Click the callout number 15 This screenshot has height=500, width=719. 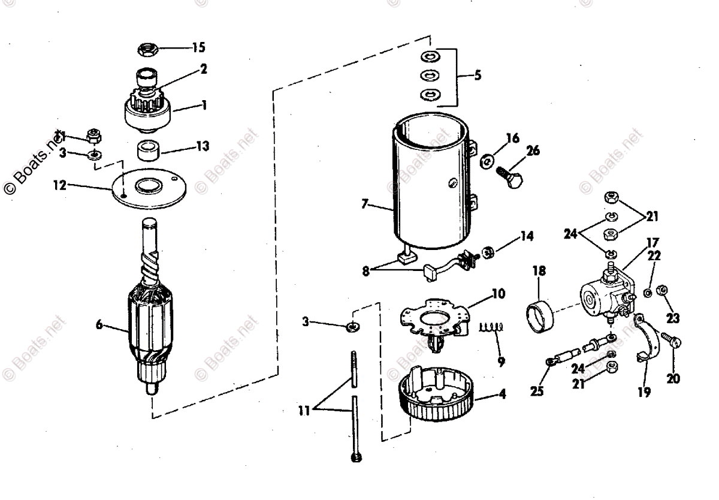click(x=198, y=47)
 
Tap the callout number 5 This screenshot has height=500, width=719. click(x=478, y=76)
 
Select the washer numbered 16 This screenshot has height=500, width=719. click(x=488, y=160)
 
